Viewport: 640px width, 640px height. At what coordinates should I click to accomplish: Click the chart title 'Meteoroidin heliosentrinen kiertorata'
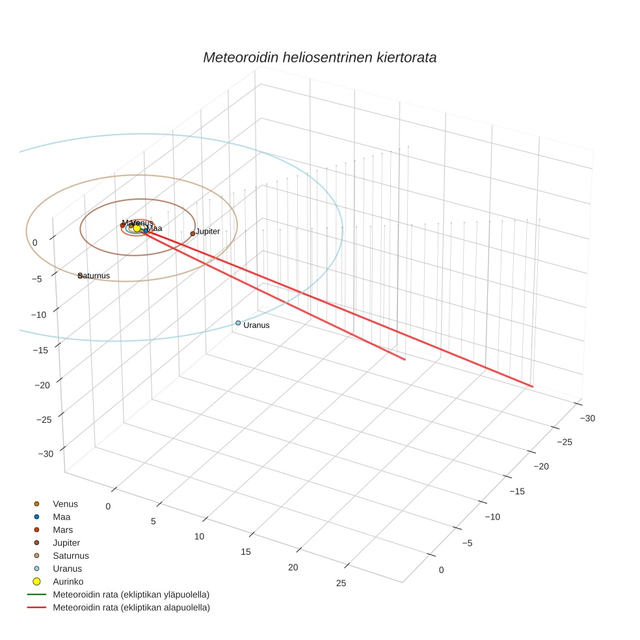[319, 57]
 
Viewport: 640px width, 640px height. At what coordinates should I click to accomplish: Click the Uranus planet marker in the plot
[238, 323]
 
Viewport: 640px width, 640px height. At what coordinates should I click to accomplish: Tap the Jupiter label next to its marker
[207, 232]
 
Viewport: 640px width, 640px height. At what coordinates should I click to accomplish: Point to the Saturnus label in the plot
[94, 276]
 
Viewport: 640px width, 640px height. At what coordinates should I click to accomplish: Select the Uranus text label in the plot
[256, 325]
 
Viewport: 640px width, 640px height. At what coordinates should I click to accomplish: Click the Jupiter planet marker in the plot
[193, 233]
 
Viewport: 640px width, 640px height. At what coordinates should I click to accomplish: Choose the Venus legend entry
[65, 504]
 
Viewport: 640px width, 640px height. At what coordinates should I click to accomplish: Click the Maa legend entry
[61, 517]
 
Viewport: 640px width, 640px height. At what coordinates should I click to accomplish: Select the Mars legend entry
[62, 530]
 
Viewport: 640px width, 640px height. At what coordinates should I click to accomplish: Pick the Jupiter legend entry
[66, 542]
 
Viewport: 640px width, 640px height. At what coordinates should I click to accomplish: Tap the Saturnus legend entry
[70, 555]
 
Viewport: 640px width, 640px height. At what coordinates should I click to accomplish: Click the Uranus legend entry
[67, 568]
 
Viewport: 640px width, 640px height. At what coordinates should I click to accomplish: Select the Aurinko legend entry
[68, 581]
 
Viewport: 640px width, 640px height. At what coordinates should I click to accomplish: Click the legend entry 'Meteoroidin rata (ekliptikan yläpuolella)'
[131, 594]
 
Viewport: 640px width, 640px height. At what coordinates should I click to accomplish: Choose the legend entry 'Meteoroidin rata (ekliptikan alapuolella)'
[131, 607]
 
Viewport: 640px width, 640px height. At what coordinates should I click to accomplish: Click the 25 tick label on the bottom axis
[341, 583]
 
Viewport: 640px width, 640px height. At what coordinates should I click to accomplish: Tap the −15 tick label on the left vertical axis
[40, 350]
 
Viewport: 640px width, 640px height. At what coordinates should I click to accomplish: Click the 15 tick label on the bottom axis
[246, 552]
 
